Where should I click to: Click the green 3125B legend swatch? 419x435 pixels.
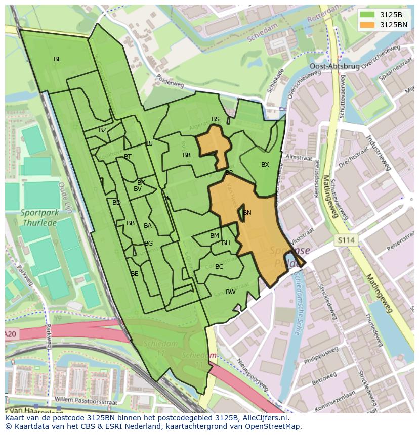367,15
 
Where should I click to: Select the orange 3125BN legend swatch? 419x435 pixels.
367,24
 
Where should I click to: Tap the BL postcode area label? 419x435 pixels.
57,59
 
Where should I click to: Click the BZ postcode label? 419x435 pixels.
103,130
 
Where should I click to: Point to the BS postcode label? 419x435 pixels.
216,119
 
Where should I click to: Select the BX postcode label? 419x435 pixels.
265,165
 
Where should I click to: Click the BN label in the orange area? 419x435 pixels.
247,213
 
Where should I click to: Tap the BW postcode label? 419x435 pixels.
230,292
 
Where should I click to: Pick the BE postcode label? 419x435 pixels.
134,274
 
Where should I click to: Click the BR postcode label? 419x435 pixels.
187,155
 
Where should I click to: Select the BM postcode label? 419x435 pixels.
215,236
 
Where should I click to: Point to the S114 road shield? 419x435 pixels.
346,241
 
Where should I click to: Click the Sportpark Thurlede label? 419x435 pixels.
39,217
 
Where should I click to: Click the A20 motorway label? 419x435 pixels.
11,334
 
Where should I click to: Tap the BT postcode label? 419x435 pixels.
128,157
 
